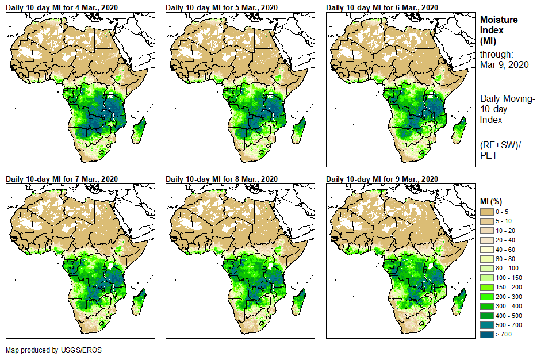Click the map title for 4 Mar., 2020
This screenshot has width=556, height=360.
coord(62,7)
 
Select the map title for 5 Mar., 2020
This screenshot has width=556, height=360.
coord(221,7)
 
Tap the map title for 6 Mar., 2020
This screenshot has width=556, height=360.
coord(382,7)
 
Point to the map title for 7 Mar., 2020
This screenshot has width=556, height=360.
coord(62,179)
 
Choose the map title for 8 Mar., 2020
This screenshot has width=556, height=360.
coord(221,179)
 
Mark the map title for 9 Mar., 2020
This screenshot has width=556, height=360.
coord(382,179)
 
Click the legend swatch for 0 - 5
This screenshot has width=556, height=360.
coord(488,212)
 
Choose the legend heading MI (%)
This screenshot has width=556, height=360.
coord(493,201)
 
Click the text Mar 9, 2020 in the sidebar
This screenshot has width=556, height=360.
coord(504,64)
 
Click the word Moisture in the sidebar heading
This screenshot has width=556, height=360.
coord(499,20)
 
